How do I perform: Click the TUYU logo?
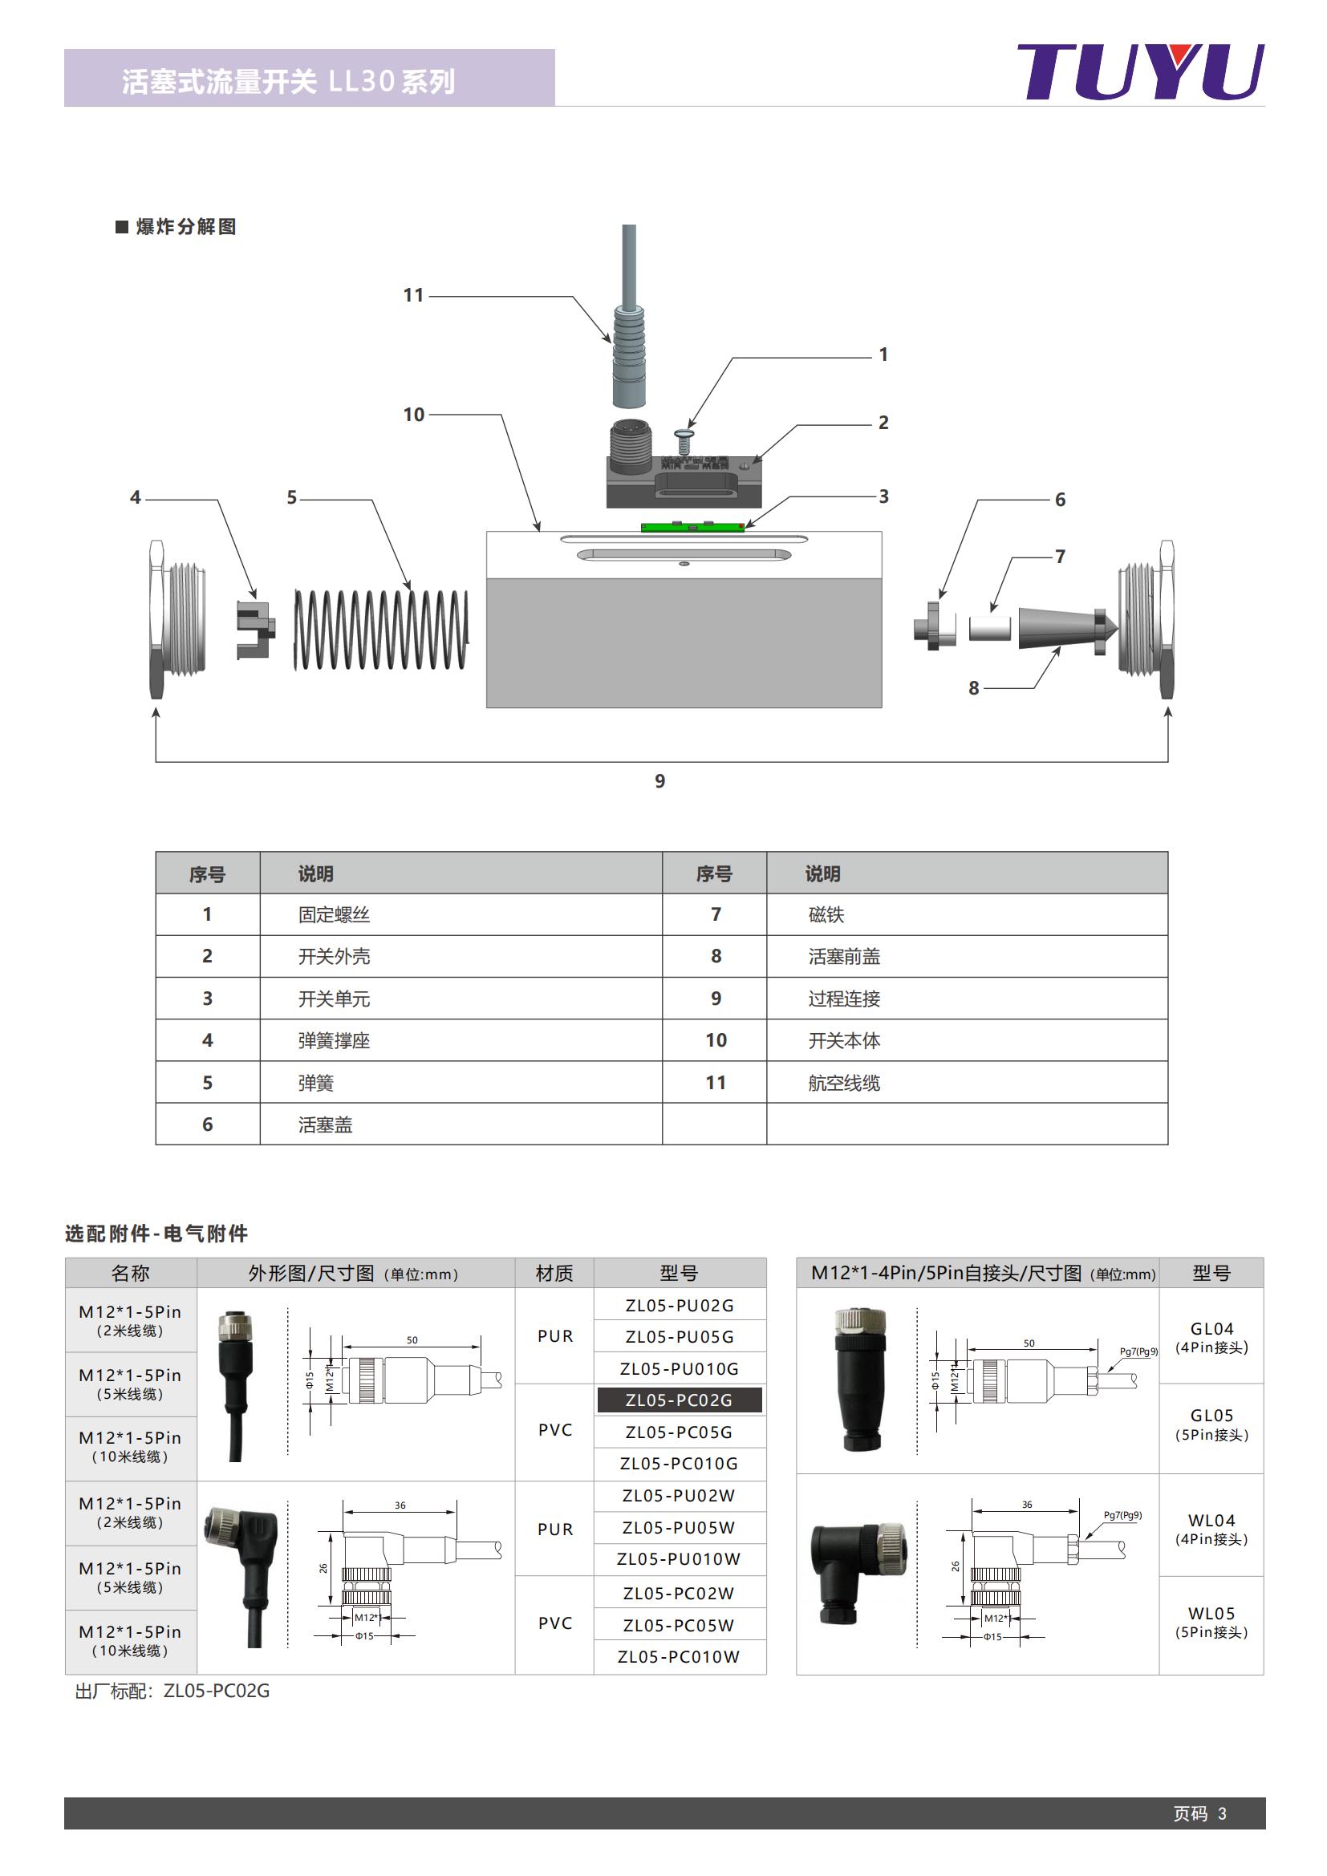(1140, 72)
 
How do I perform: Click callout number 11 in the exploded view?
(413, 295)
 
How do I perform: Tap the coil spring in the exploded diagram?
(381, 629)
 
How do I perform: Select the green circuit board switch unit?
(692, 527)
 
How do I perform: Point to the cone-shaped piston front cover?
(1058, 627)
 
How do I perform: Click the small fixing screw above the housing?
(684, 442)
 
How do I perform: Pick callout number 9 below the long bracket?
(659, 781)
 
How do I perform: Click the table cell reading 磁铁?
(826, 915)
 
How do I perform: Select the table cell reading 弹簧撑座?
(334, 1041)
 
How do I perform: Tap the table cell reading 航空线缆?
(844, 1084)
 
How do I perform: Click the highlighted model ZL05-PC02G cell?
(679, 1400)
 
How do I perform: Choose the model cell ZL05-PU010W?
(679, 1559)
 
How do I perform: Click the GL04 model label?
(1211, 1329)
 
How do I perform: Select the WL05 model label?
(1211, 1614)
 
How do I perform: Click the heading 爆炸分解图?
(185, 227)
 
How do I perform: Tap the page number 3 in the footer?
(1222, 1814)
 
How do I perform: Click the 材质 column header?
(554, 1273)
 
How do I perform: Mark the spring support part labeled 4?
(255, 629)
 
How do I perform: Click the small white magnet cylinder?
(989, 628)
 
